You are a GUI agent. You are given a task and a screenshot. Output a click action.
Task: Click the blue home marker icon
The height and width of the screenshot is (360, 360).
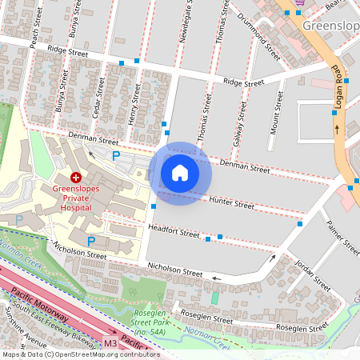[180, 173]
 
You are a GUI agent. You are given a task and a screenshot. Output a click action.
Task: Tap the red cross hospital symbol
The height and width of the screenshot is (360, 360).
[76, 177]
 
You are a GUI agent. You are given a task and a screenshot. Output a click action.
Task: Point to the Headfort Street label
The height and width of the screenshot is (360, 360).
[174, 232]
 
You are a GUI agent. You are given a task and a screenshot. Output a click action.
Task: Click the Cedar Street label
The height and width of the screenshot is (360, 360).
[98, 97]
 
